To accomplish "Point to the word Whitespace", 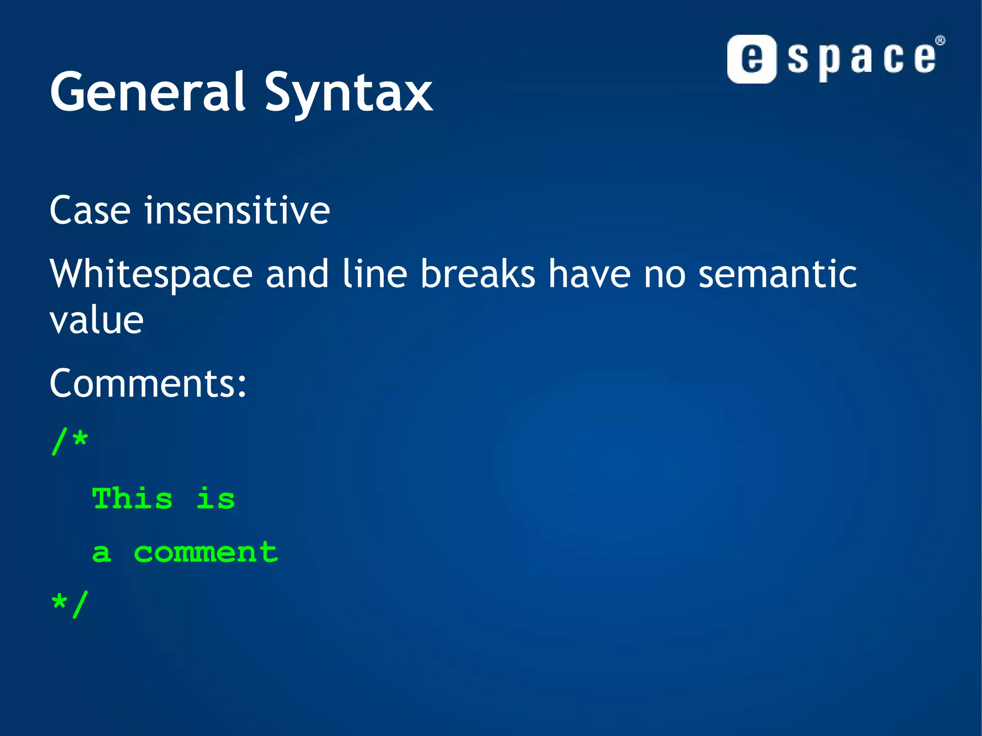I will coord(151,275).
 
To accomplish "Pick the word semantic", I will coord(777,274).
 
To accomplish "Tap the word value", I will coord(96,320).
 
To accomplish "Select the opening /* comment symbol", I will coord(70,441).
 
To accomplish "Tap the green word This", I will coord(132,499).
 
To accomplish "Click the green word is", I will coord(216,499).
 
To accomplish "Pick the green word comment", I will coord(205,552).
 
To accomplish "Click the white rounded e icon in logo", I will coord(751,59).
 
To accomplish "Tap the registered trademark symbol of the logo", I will coord(940,41).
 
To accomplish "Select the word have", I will coord(589,274).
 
